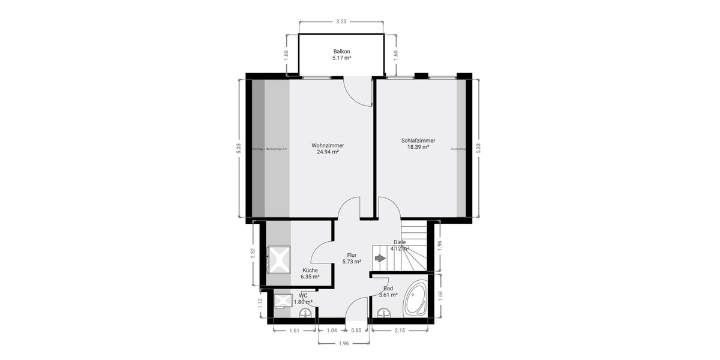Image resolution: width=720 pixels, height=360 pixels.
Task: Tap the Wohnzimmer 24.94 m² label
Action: (x=328, y=148)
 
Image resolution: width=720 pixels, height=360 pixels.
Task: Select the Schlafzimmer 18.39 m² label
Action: (x=418, y=143)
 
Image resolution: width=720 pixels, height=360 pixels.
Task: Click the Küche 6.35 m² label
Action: (x=310, y=273)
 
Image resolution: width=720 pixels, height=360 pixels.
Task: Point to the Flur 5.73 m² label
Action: (x=352, y=258)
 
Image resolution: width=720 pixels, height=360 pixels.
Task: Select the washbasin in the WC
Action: (x=302, y=312)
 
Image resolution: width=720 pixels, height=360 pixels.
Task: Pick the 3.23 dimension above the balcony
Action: (x=341, y=22)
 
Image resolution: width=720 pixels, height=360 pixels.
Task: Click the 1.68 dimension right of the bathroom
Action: (x=440, y=294)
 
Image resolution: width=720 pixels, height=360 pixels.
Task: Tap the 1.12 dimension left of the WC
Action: (x=260, y=303)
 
